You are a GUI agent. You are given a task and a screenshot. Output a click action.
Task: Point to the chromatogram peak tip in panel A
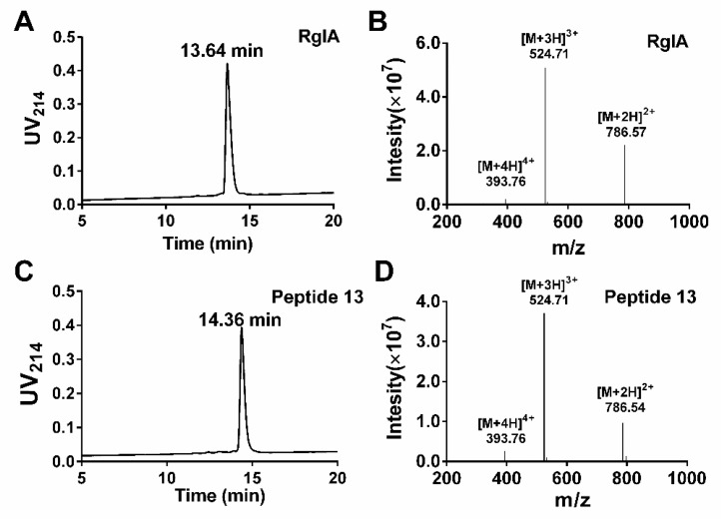[228, 65]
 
